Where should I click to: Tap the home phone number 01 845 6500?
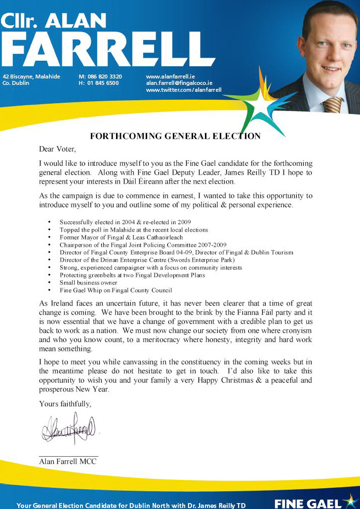click(x=103, y=83)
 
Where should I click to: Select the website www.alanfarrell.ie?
click(x=170, y=77)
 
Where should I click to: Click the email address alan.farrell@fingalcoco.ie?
click(x=179, y=83)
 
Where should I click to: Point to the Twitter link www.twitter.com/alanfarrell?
click(x=184, y=90)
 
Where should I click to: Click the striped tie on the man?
click(x=332, y=104)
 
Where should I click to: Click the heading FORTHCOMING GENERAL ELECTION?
click(x=175, y=136)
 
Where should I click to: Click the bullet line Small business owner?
click(x=88, y=283)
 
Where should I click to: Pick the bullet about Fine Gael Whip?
click(x=116, y=290)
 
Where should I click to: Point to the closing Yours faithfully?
click(x=65, y=404)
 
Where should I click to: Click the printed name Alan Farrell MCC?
click(x=68, y=462)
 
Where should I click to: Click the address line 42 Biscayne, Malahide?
click(x=32, y=77)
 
